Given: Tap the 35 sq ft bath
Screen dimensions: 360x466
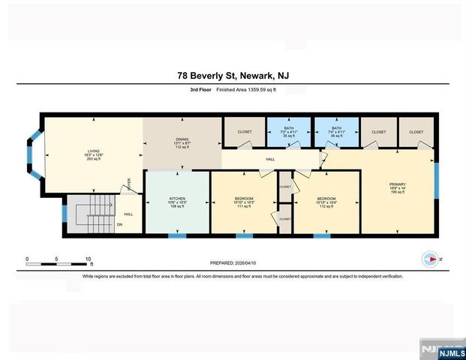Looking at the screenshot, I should pyautogui.click(x=288, y=132).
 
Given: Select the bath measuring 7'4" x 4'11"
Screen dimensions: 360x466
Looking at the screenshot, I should pyautogui.click(x=336, y=132).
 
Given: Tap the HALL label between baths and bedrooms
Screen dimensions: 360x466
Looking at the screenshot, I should pyautogui.click(x=270, y=159).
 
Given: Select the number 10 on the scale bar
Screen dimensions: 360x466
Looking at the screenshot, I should pyautogui.click(x=88, y=258).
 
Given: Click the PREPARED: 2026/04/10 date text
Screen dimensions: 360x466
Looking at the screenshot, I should pyautogui.click(x=233, y=263).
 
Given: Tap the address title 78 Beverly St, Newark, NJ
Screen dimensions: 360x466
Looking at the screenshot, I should pyautogui.click(x=233, y=75).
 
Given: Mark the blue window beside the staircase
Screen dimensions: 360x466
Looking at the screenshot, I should pyautogui.click(x=64, y=213).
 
